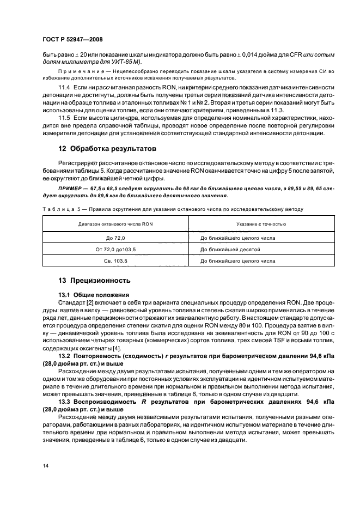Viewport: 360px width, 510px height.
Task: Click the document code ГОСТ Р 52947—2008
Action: tap(72, 39)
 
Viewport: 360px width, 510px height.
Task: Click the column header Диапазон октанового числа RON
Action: tap(115, 224)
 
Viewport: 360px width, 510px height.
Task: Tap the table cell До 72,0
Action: tap(115, 238)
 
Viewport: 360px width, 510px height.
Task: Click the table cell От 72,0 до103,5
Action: tap(115, 250)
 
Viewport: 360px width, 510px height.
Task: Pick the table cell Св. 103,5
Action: tap(115, 261)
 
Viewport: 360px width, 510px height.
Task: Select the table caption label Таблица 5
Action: tap(59, 209)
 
